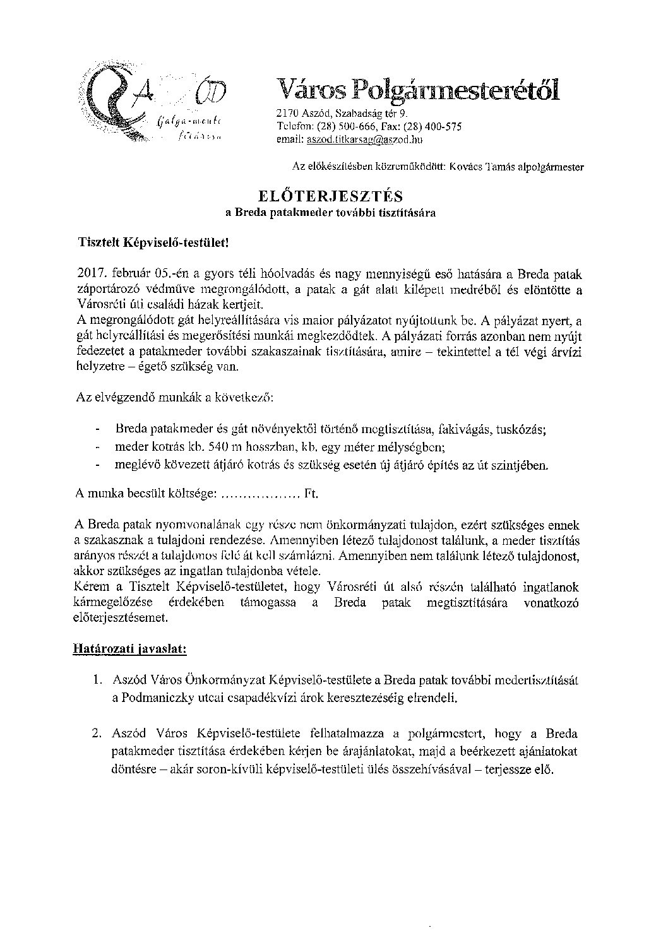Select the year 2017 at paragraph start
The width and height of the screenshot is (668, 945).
click(90, 275)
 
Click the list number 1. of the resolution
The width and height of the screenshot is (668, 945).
click(97, 681)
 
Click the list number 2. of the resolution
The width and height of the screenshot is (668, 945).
click(97, 735)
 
